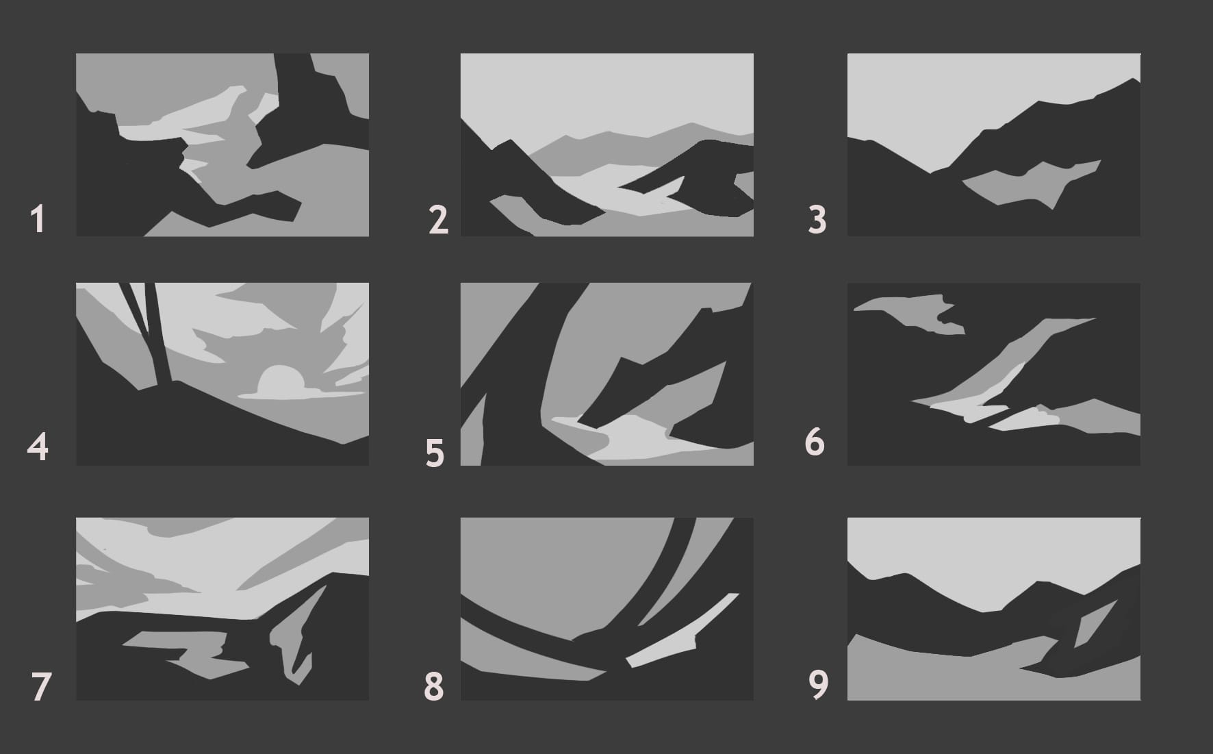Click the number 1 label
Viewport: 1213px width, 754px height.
(38, 220)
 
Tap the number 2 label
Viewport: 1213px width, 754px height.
(438, 220)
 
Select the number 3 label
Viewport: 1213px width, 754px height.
(817, 221)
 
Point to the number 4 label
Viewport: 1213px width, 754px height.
(38, 447)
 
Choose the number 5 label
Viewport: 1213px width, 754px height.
(435, 453)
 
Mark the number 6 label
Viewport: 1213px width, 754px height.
(815, 442)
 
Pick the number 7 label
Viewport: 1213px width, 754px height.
(41, 687)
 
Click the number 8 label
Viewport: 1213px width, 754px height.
(434, 686)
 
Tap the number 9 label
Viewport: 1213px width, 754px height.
(819, 684)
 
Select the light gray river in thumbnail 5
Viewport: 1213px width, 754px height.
(637, 438)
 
